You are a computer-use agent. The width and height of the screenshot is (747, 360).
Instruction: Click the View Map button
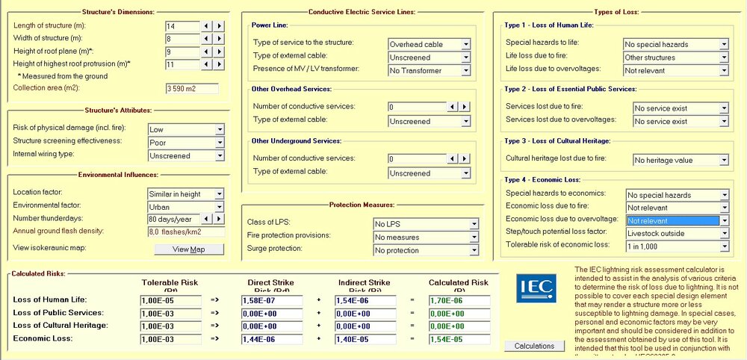(x=188, y=249)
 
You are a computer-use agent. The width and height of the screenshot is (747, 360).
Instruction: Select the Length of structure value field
(x=183, y=26)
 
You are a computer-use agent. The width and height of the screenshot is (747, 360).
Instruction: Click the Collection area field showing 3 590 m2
(x=190, y=89)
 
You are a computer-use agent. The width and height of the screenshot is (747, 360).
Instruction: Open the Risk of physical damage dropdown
(x=185, y=130)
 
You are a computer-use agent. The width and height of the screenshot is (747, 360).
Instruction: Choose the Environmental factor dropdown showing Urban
(x=185, y=207)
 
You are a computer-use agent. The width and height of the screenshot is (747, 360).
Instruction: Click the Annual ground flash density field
(x=185, y=232)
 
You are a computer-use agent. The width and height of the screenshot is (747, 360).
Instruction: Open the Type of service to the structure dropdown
(x=429, y=44)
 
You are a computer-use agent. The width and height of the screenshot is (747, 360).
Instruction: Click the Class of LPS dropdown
(x=425, y=224)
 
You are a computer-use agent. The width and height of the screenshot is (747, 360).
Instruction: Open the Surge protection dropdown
(x=425, y=250)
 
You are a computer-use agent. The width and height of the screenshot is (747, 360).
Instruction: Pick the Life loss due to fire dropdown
(x=675, y=58)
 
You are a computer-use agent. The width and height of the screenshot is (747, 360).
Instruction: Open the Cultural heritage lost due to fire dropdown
(x=680, y=160)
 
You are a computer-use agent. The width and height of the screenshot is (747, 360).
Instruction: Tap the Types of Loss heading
(x=616, y=13)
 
